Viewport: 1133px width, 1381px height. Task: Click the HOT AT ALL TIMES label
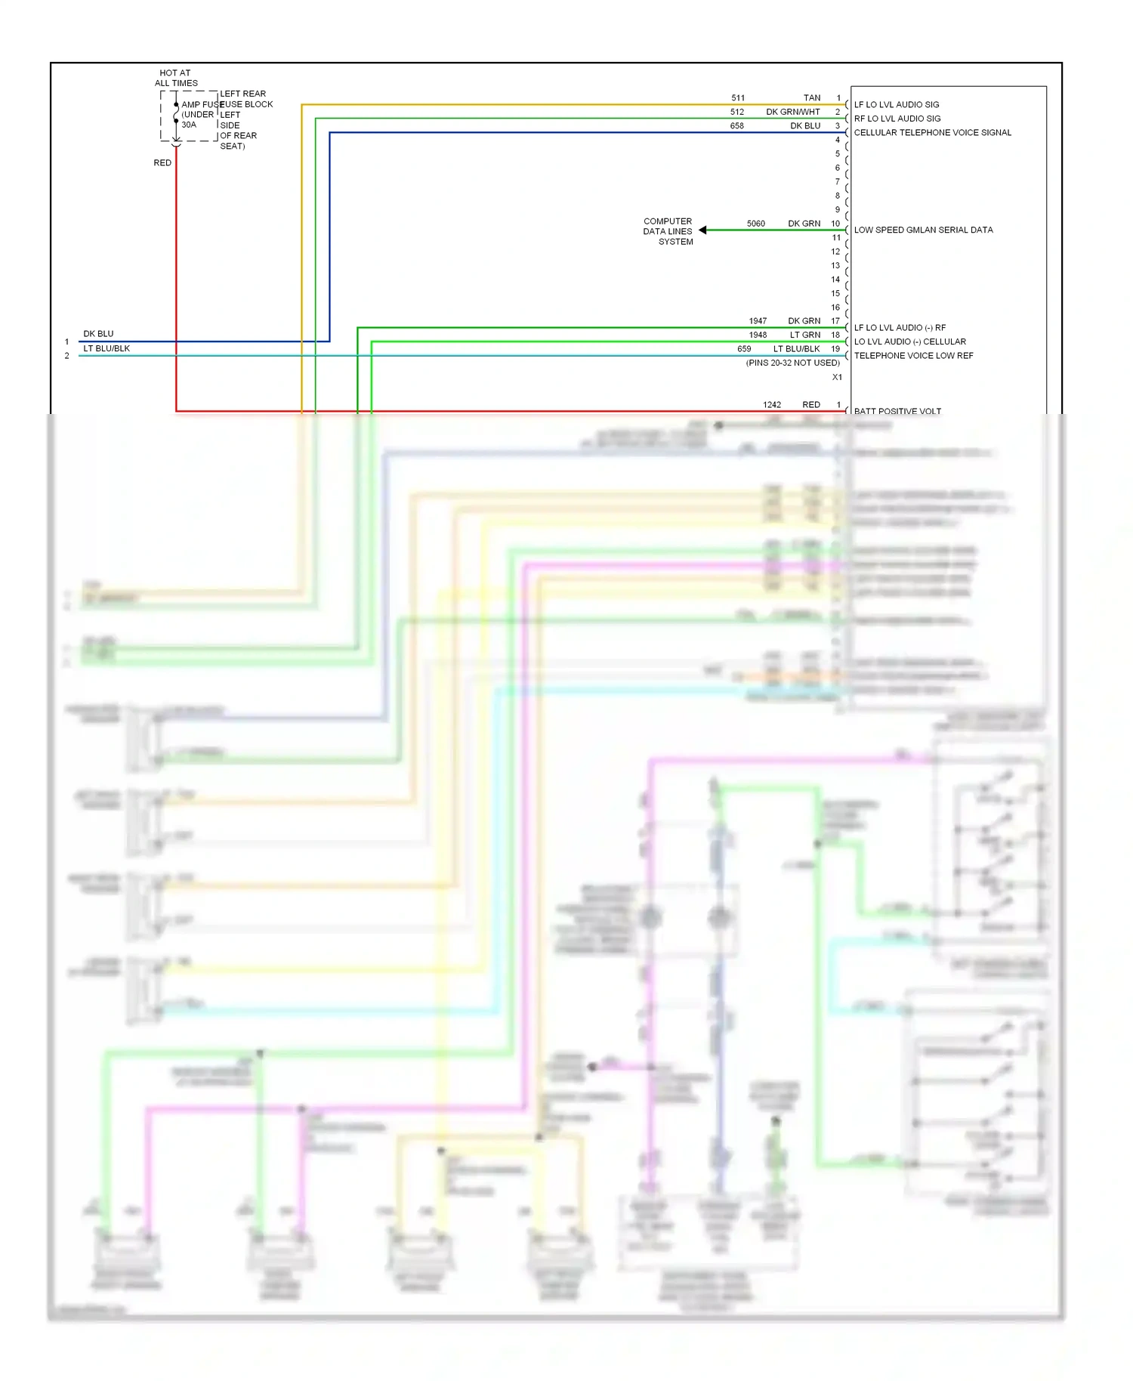(176, 79)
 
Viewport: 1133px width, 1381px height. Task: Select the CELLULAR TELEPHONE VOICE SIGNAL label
(932, 133)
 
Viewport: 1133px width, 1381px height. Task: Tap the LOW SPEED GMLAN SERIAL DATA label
(923, 230)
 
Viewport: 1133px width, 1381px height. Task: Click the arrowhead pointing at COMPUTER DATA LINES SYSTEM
(703, 230)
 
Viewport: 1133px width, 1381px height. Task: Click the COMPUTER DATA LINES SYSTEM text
(668, 232)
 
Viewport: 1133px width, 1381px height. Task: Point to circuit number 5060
(755, 224)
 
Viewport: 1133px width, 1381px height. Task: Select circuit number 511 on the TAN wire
(738, 98)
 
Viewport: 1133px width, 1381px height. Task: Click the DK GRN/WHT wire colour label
(792, 113)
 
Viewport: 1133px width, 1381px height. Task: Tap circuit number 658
(736, 126)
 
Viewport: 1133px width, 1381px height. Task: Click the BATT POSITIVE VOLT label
(897, 411)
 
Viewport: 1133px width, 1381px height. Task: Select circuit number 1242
(771, 405)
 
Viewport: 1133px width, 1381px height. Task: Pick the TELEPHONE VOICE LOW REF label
(913, 356)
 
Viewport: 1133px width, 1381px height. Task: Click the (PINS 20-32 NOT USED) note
(792, 363)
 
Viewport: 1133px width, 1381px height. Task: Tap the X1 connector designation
(837, 378)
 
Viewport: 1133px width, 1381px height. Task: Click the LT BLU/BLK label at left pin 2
(107, 349)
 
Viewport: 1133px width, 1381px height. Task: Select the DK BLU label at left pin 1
(98, 334)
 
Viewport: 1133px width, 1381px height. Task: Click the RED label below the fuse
(162, 163)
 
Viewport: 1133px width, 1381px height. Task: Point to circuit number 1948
(758, 335)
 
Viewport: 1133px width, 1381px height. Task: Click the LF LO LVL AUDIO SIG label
(897, 105)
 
